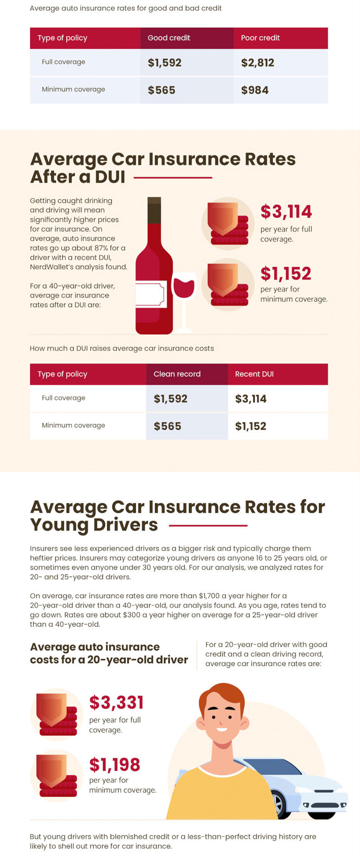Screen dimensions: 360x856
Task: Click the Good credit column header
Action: coord(169,38)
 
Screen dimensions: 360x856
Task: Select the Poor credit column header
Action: coord(260,38)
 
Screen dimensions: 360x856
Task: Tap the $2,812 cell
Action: coord(258,63)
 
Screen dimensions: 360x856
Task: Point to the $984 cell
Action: coord(255,90)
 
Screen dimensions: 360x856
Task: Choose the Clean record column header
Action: coord(177,374)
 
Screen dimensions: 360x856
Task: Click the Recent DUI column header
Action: coord(254,374)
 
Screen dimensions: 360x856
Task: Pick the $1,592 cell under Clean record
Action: coord(170,399)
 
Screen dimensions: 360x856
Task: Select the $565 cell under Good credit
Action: coord(162,90)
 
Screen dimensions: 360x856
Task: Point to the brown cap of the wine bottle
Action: coord(154,210)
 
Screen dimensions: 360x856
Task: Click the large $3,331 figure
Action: coord(117,702)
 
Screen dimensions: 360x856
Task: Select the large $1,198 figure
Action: coord(115,764)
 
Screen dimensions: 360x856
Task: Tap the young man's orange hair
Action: coord(221,697)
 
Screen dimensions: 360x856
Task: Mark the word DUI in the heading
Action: coord(110,177)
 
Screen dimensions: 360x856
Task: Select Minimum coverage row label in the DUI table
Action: coord(73,425)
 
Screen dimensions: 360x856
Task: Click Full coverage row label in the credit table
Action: coord(63,62)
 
